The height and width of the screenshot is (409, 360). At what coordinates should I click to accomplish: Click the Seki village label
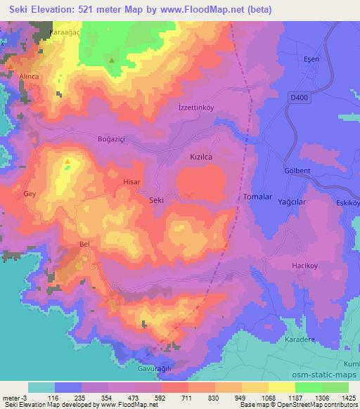(x=157, y=200)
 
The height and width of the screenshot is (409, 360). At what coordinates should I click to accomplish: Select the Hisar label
(x=132, y=181)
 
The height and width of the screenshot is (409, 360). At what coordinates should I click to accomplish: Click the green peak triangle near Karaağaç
(x=111, y=60)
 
